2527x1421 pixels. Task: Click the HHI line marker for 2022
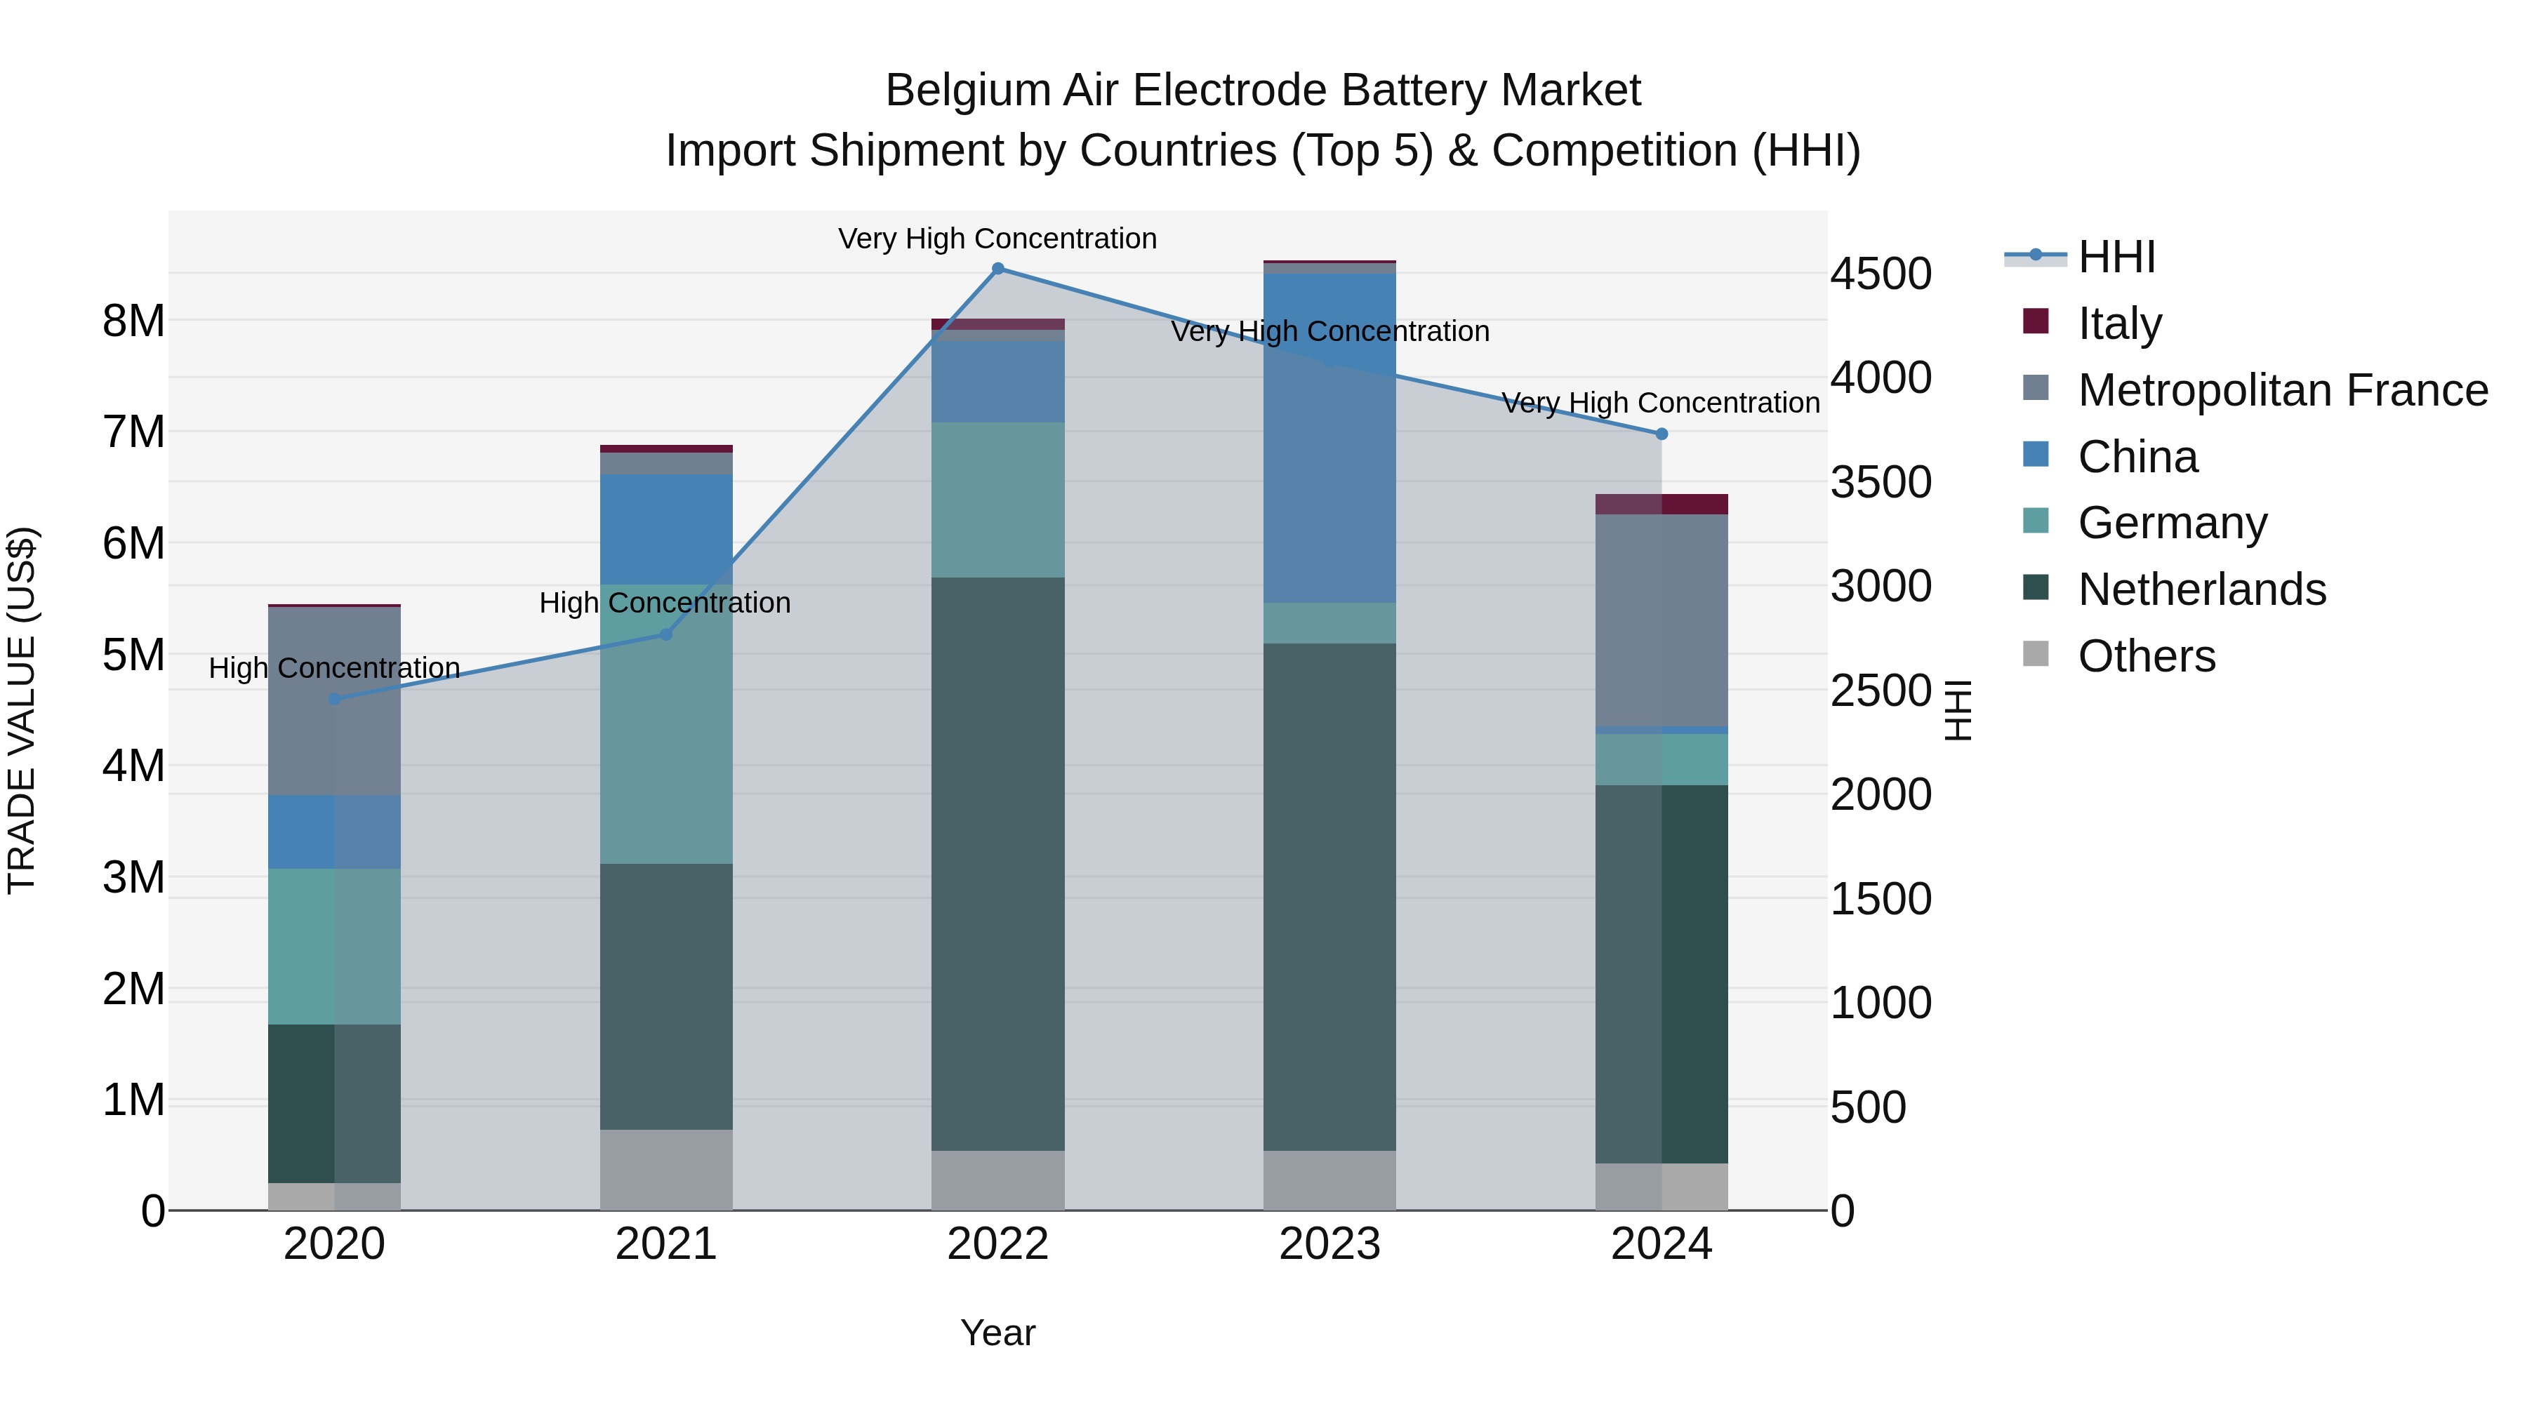[997, 269]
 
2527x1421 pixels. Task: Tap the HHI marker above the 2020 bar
[335, 699]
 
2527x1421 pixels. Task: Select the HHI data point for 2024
[1661, 434]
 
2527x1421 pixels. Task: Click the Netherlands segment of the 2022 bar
[997, 863]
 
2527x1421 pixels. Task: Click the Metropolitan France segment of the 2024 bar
[1661, 620]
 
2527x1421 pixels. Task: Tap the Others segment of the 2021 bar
[666, 1169]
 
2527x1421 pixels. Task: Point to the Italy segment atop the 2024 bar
[1661, 504]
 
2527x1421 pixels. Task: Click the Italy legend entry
[2119, 323]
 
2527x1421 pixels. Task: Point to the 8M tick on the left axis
[133, 321]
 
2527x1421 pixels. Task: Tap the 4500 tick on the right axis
[1881, 274]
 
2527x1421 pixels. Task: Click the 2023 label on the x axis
[1329, 1244]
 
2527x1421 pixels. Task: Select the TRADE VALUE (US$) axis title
[22, 710]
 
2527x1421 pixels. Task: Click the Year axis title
[997, 1333]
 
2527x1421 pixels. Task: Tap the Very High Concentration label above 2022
[997, 239]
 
